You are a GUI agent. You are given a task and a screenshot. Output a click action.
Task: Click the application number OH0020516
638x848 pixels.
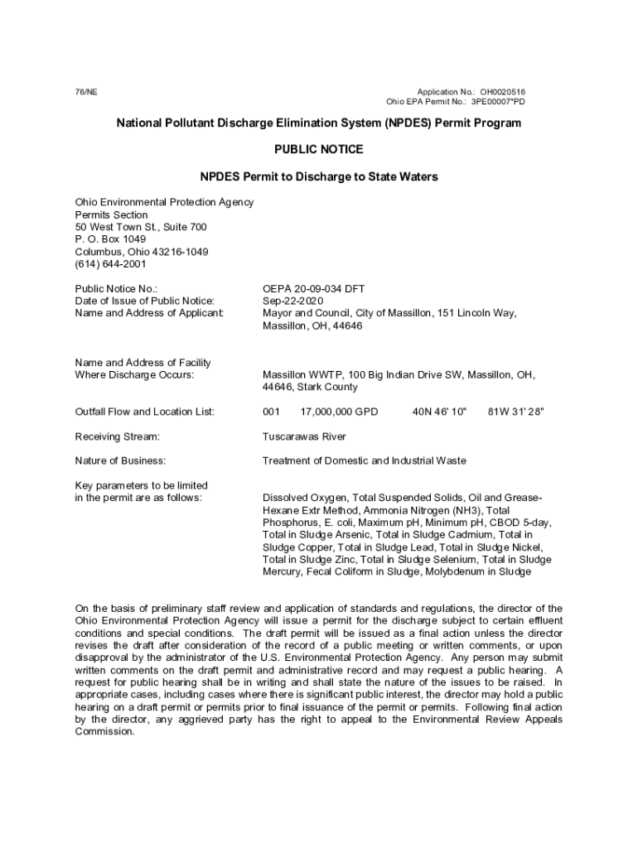tap(502, 91)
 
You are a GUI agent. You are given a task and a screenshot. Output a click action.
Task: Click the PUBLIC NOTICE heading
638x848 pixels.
tap(318, 150)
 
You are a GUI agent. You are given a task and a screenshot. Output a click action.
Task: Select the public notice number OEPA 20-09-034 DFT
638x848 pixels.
tap(313, 289)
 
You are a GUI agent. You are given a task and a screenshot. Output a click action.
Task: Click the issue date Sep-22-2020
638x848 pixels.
tap(292, 301)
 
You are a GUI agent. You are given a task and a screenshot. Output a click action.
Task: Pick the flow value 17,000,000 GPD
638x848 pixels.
tap(339, 412)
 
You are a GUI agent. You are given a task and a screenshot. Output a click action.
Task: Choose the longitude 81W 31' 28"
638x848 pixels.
tap(516, 412)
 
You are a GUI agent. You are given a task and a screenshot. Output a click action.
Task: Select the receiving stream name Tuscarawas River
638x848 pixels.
tap(304, 436)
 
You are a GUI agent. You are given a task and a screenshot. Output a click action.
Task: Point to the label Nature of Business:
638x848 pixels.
tap(120, 460)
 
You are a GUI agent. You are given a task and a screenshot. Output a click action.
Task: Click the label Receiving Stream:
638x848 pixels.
tap(117, 436)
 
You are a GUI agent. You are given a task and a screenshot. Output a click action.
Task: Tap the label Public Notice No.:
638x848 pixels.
tap(116, 289)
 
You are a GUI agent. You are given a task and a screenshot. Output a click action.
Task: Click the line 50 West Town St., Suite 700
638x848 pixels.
tap(141, 227)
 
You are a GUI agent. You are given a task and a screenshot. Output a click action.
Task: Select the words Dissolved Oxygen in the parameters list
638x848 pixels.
tap(304, 498)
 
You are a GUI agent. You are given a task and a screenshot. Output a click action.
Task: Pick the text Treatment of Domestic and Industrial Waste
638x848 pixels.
tap(364, 460)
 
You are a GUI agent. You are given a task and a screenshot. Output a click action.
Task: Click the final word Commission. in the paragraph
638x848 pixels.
tap(104, 732)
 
